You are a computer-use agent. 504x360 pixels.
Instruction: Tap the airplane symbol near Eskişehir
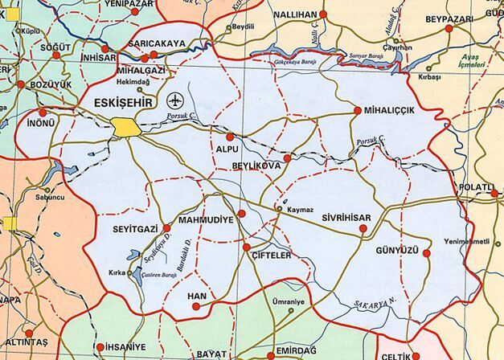[x=175, y=101]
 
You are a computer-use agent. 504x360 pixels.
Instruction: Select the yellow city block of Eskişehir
[x=125, y=127]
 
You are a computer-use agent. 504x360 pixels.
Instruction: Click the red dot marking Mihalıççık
[x=358, y=111]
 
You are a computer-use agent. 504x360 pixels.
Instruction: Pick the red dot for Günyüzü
[x=427, y=253]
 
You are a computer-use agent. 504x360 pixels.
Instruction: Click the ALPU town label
[x=228, y=149]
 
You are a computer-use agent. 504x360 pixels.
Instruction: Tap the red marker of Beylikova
[x=287, y=158]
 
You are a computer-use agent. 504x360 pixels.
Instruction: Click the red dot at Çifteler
[x=247, y=247]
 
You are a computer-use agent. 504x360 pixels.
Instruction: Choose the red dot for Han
[x=196, y=306]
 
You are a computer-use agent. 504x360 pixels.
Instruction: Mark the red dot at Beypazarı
[x=449, y=29]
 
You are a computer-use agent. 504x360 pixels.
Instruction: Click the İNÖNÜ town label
[x=41, y=124]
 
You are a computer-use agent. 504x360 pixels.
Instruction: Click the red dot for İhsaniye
[x=100, y=347]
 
